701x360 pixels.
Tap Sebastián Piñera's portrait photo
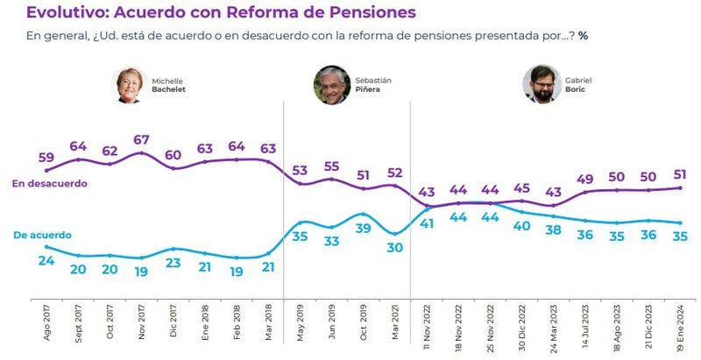(x=331, y=85)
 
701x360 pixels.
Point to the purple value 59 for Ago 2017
(x=47, y=159)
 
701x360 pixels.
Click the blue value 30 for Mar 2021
(x=395, y=248)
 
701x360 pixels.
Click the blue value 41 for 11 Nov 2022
(x=428, y=222)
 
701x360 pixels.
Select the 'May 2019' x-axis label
(x=301, y=321)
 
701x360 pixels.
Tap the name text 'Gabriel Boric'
(x=578, y=84)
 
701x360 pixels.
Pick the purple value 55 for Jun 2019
(x=332, y=166)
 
